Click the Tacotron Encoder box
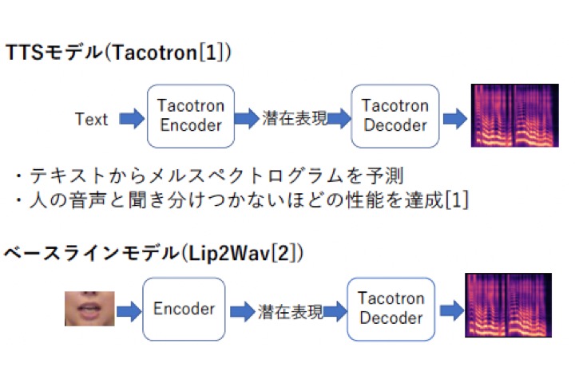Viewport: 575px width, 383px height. pos(191,116)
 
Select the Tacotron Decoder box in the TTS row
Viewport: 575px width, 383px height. pos(395,116)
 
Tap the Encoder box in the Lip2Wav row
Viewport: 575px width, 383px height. pos(184,309)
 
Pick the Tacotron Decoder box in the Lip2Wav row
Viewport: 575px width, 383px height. pos(391,309)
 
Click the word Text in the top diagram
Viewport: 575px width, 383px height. pos(91,119)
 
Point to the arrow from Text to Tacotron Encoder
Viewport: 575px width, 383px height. pos(132,118)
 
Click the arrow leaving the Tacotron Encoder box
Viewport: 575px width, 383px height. pos(247,118)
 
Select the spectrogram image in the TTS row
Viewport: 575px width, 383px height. pos(515,116)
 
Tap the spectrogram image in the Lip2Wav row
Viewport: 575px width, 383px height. pos(508,305)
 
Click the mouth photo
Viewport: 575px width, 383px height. pos(89,309)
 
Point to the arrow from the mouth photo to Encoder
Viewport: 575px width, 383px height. pos(129,311)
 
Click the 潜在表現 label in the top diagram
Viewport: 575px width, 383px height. pos(295,118)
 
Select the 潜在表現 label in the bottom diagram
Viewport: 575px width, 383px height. pos(290,311)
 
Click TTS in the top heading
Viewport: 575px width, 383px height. pos(25,53)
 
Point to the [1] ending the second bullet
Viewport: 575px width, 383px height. pos(457,199)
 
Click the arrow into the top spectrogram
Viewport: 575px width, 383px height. pos(455,118)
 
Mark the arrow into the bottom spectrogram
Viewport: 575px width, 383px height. pos(452,311)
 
